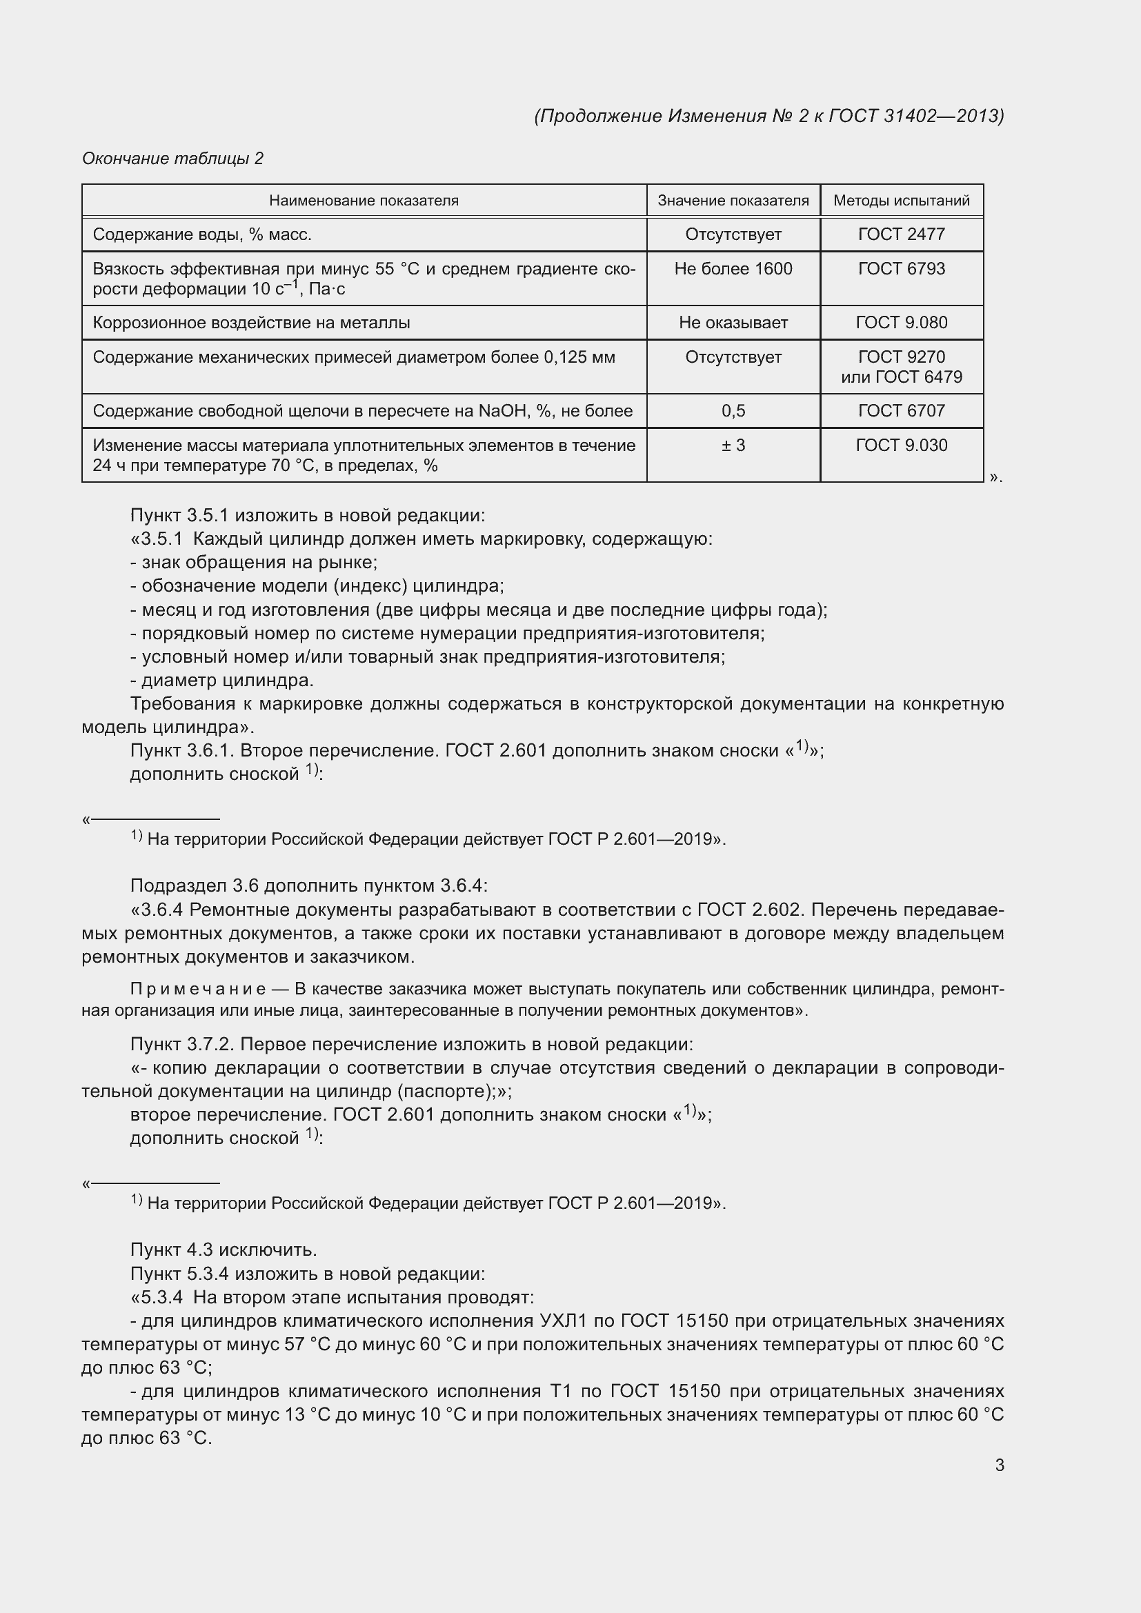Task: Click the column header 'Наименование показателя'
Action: [x=364, y=201]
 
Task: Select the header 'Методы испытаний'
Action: [x=902, y=201]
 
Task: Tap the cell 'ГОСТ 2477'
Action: [x=902, y=234]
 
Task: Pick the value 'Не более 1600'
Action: [x=733, y=269]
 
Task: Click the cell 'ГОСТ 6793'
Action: [x=902, y=269]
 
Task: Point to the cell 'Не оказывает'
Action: [x=733, y=323]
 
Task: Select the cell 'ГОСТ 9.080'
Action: [x=902, y=323]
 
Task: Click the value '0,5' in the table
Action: [x=733, y=411]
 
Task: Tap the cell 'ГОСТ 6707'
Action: [x=902, y=411]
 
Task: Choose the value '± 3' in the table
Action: [x=733, y=445]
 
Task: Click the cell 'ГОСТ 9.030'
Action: [x=902, y=445]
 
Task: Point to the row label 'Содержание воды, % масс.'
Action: [x=202, y=234]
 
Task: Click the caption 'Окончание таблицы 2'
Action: [x=173, y=159]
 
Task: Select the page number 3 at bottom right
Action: [x=999, y=1465]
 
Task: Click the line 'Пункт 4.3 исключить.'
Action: [x=224, y=1250]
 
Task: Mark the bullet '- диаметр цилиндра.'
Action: [x=222, y=680]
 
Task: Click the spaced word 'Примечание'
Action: [x=198, y=989]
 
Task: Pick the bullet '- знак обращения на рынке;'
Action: [x=255, y=563]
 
